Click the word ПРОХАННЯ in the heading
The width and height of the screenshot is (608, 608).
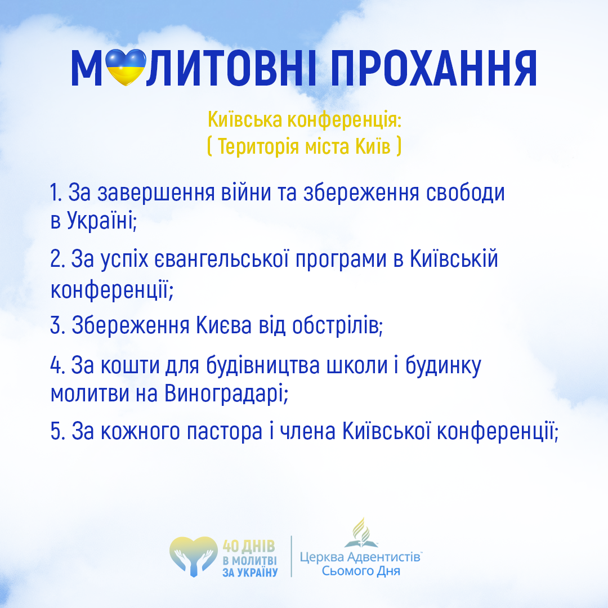click(433, 68)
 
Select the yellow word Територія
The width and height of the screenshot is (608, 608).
click(258, 147)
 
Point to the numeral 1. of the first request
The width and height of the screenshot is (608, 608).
click(56, 193)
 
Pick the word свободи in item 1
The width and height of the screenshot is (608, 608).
click(466, 193)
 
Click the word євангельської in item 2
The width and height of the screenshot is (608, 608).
click(222, 259)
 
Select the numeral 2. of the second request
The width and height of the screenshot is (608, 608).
click(57, 259)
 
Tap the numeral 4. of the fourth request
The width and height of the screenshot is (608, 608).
click(57, 365)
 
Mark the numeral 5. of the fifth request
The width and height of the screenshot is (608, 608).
click(57, 431)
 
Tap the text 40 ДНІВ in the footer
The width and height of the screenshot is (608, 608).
click(249, 547)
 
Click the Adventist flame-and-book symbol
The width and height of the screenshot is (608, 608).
click(361, 533)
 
